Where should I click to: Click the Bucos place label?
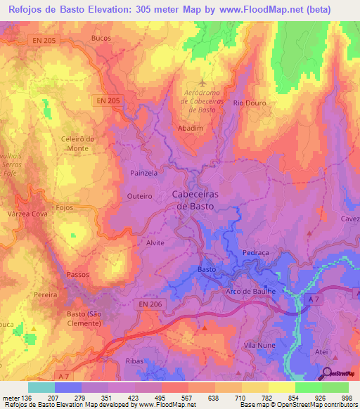point(101,38)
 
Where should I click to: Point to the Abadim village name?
point(191,129)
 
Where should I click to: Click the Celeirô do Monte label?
point(78,144)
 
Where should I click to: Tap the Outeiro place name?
point(138,196)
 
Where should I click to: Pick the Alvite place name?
point(155,243)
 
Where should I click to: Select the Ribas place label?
point(134,361)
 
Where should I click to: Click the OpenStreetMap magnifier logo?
point(327,373)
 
